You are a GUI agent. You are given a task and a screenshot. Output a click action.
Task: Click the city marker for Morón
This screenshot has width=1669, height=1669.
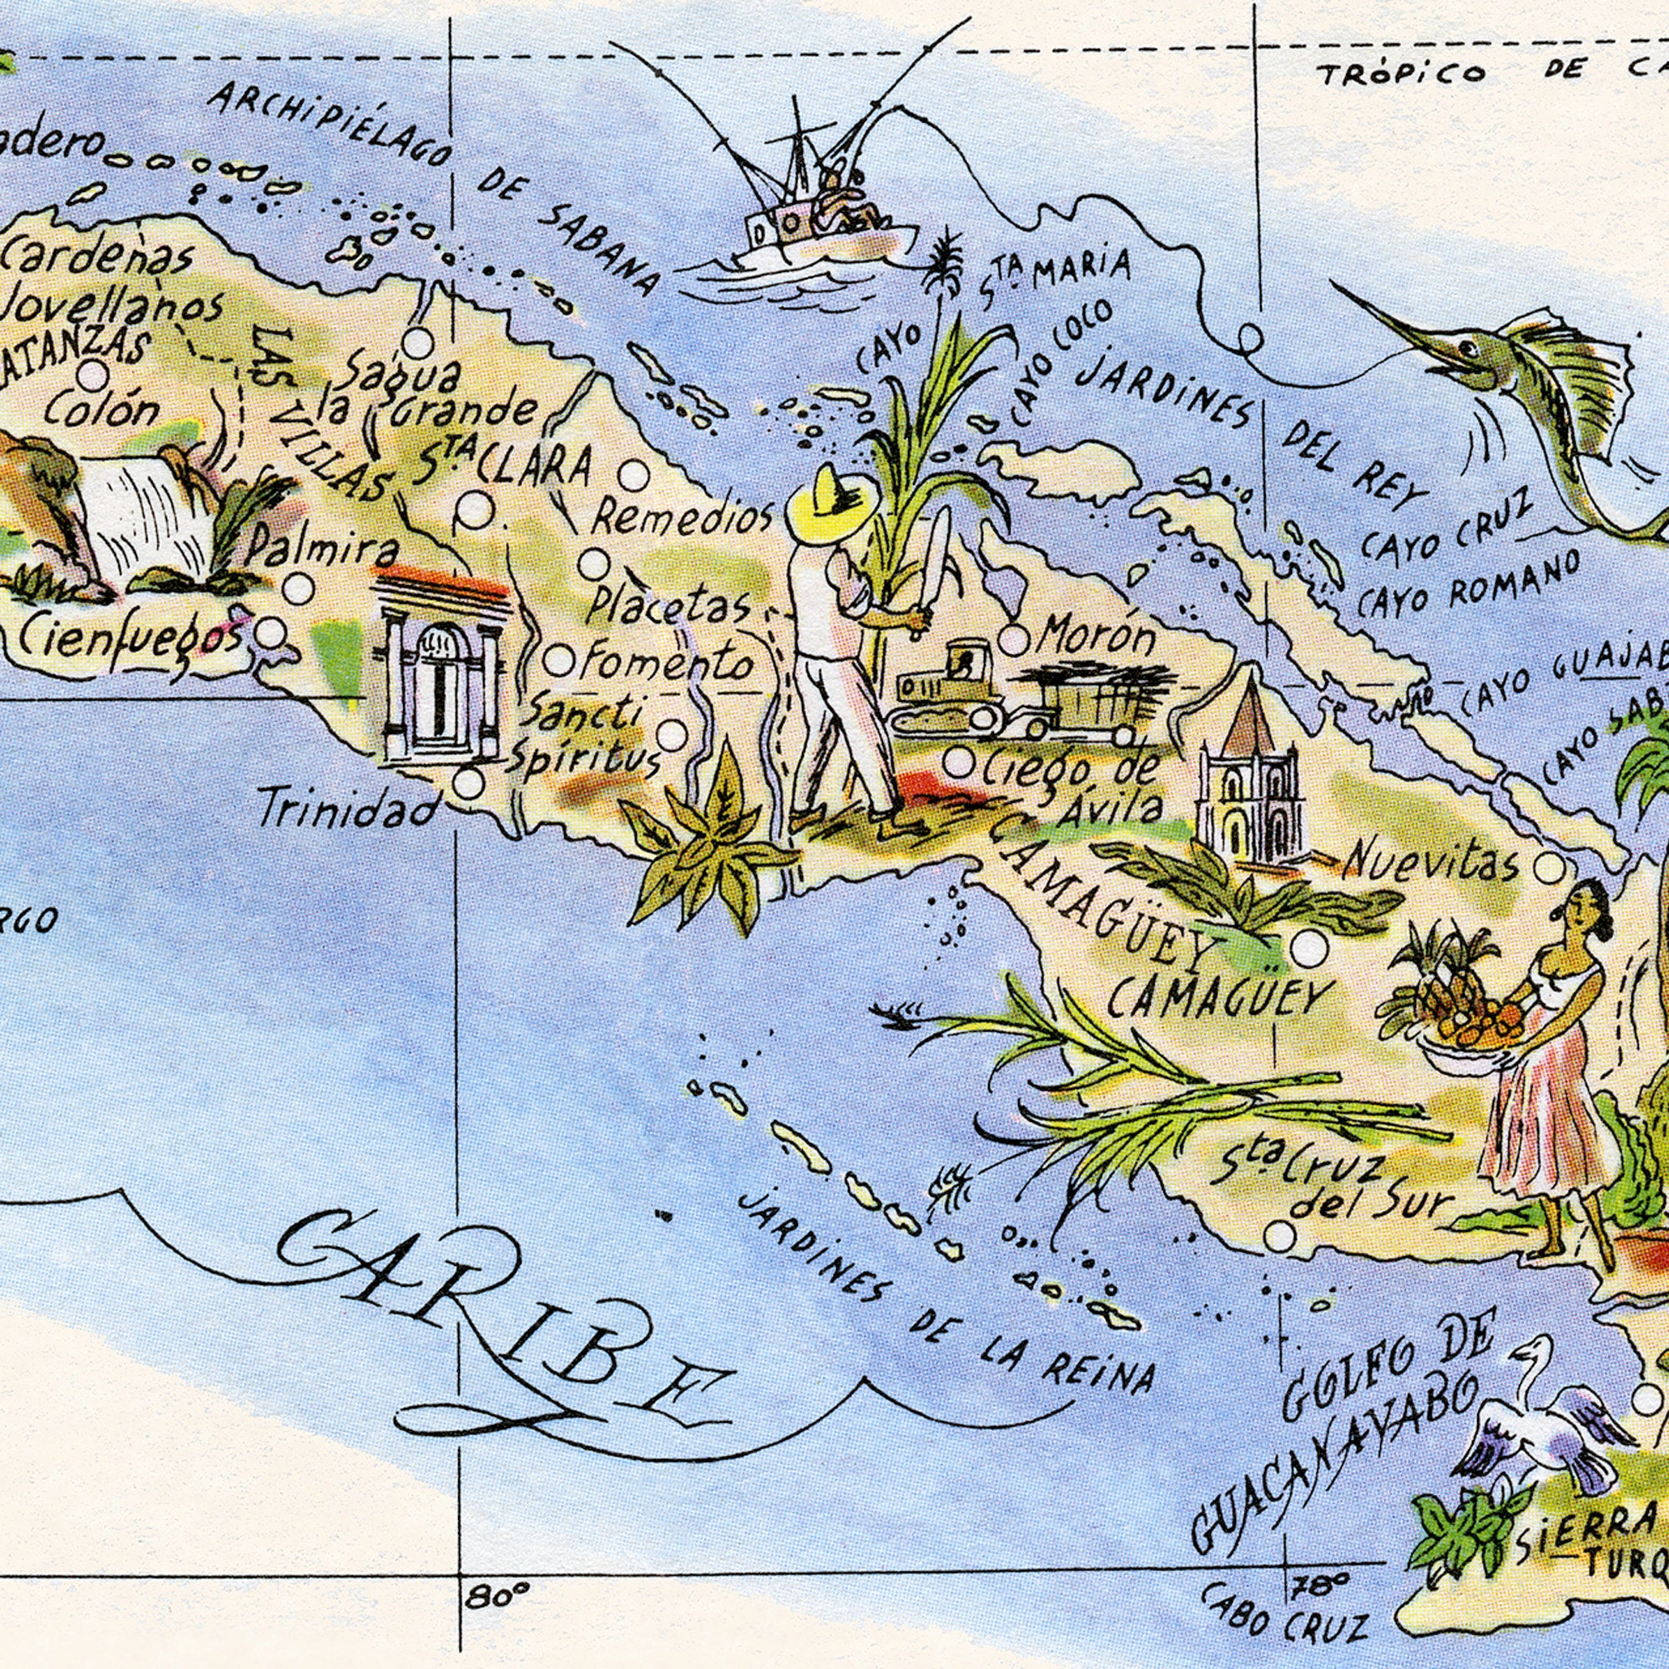tap(1014, 640)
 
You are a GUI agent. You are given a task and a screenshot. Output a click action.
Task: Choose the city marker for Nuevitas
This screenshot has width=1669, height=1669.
tap(1548, 868)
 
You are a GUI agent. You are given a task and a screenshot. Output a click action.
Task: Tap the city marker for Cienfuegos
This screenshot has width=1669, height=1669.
tap(271, 633)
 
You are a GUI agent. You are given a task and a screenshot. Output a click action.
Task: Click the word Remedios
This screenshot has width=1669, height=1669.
tap(683, 518)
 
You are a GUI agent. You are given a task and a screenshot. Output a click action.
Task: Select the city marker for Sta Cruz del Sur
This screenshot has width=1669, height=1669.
tap(1279, 1236)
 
